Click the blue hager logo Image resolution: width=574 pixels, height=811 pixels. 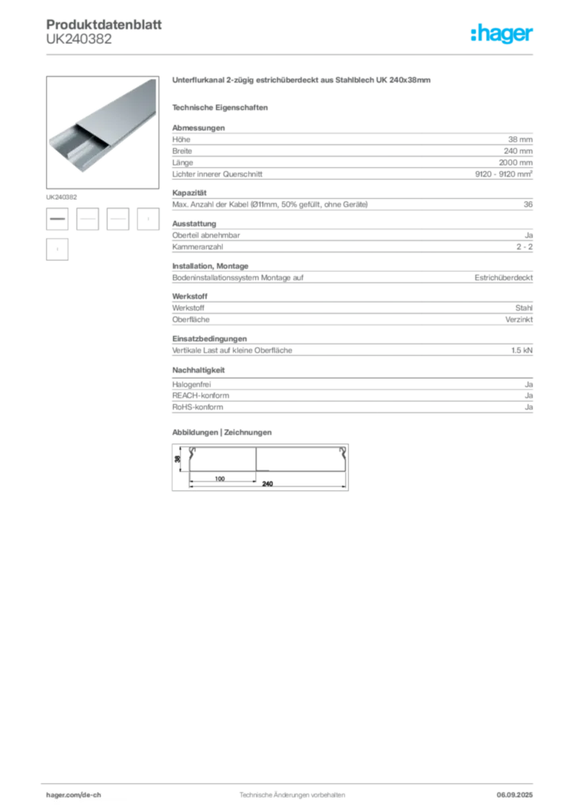503,35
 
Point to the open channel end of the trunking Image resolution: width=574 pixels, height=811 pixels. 67,143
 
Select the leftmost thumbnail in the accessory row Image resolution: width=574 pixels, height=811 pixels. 58,218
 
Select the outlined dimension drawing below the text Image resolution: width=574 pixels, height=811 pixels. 260,467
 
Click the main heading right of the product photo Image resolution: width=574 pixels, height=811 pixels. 301,82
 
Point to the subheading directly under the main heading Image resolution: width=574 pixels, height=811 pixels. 223,107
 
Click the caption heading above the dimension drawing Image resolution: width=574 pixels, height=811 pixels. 223,432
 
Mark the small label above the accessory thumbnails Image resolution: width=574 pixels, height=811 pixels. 62,194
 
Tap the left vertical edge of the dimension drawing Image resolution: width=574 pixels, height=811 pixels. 177,467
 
